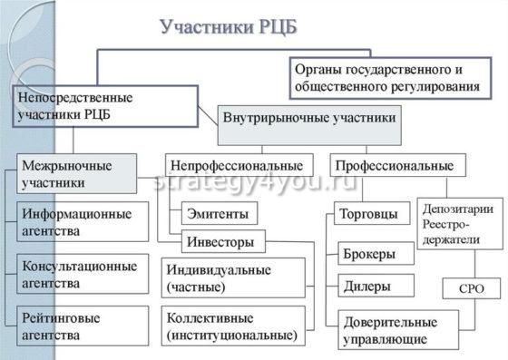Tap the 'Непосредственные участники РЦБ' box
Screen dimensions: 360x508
tap(105, 106)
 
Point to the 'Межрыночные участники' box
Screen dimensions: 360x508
tap(77, 174)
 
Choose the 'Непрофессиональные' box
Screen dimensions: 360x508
tap(239, 166)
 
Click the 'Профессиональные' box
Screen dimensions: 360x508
tap(397, 166)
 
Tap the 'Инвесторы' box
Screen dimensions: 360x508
tap(224, 242)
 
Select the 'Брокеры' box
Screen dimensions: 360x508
tap(375, 254)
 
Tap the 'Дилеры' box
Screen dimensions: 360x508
tap(375, 287)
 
